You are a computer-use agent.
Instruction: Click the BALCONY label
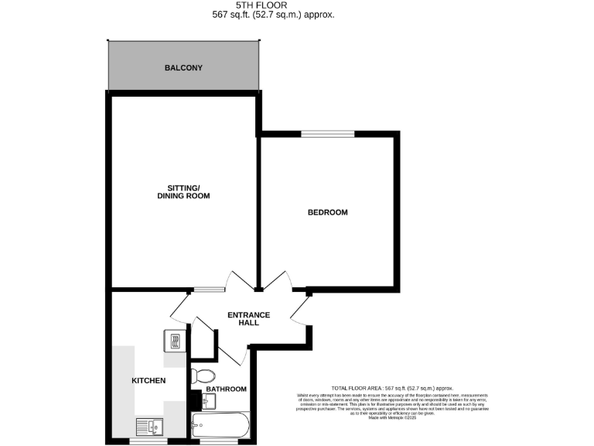tap(183, 68)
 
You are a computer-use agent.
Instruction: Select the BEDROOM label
tap(327, 212)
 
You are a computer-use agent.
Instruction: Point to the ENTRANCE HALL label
tap(248, 318)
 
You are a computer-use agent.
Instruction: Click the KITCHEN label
tap(148, 381)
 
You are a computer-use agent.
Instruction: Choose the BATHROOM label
tap(226, 389)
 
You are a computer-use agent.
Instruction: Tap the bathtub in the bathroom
tap(220, 424)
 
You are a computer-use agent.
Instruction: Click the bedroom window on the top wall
tap(328, 134)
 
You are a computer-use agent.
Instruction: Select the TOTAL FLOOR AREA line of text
tap(391, 388)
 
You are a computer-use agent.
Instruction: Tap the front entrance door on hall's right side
tap(300, 310)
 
